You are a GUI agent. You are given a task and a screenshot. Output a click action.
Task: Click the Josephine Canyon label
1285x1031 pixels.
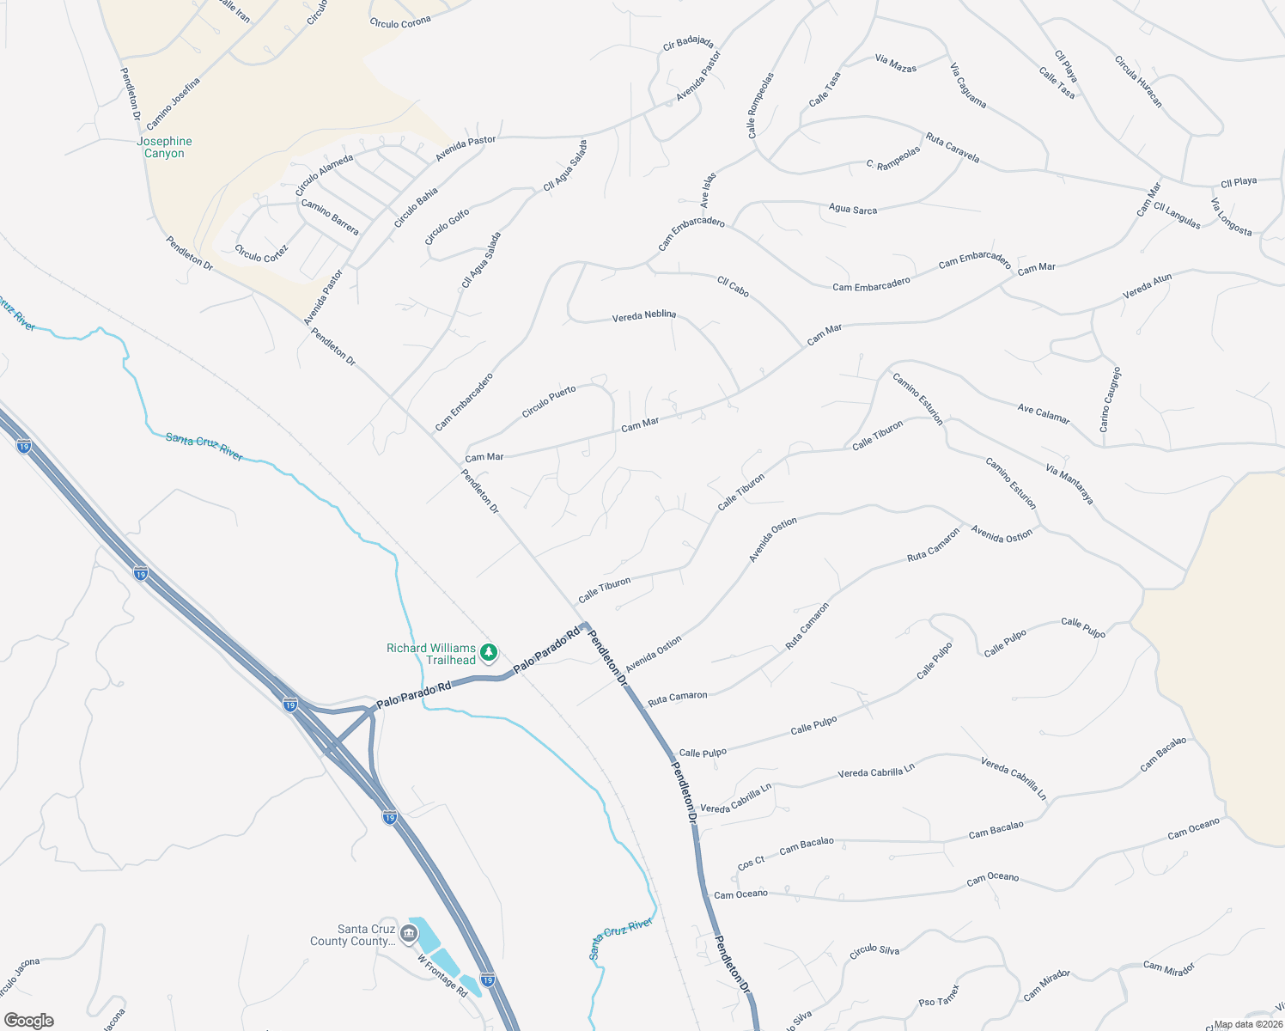[x=164, y=147]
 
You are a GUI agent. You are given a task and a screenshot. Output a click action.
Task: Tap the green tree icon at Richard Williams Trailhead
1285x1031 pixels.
[x=489, y=653]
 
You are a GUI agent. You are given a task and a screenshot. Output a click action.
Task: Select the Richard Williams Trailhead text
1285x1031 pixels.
[x=431, y=654]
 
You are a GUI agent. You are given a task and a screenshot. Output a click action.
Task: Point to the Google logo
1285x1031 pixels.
[x=28, y=1021]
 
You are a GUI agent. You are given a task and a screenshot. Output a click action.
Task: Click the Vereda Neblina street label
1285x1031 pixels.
[x=643, y=316]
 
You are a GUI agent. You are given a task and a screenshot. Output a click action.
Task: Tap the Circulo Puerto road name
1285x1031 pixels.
[x=549, y=402]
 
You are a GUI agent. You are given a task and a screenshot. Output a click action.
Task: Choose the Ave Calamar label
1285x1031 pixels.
[x=1044, y=414]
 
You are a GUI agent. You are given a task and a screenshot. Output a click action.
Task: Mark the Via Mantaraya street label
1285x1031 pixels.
[x=1069, y=483]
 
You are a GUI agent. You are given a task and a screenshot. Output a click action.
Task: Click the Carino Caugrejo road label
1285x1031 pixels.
[x=1110, y=400]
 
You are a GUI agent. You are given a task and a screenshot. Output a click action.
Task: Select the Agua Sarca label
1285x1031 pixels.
[x=852, y=209]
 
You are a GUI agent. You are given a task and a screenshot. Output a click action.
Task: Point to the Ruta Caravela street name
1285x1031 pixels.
[x=953, y=147]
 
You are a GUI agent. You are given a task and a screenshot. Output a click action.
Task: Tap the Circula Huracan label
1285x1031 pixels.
[x=1138, y=82]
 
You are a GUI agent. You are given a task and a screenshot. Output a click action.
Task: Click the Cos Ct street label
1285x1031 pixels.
[x=751, y=863]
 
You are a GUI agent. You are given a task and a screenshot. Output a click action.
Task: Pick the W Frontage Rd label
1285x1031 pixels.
[x=442, y=976]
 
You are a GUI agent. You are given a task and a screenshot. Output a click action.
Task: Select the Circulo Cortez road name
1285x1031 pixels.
[x=261, y=253]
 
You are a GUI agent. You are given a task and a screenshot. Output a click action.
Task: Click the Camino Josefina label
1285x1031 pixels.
[x=173, y=104]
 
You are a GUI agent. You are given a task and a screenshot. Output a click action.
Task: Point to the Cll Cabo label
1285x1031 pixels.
[x=733, y=286]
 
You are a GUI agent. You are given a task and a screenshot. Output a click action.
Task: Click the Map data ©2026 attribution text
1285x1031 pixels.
[x=1248, y=1024]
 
